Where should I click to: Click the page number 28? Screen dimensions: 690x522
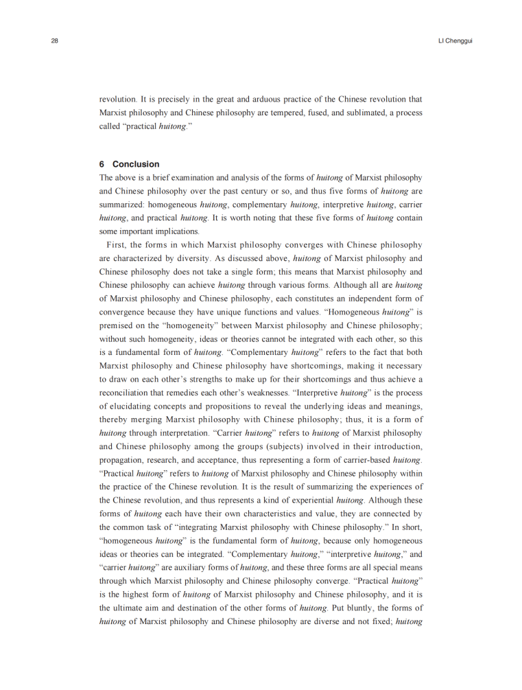55,41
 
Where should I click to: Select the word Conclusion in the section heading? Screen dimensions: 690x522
136,164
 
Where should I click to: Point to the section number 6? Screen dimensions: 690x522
102,164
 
